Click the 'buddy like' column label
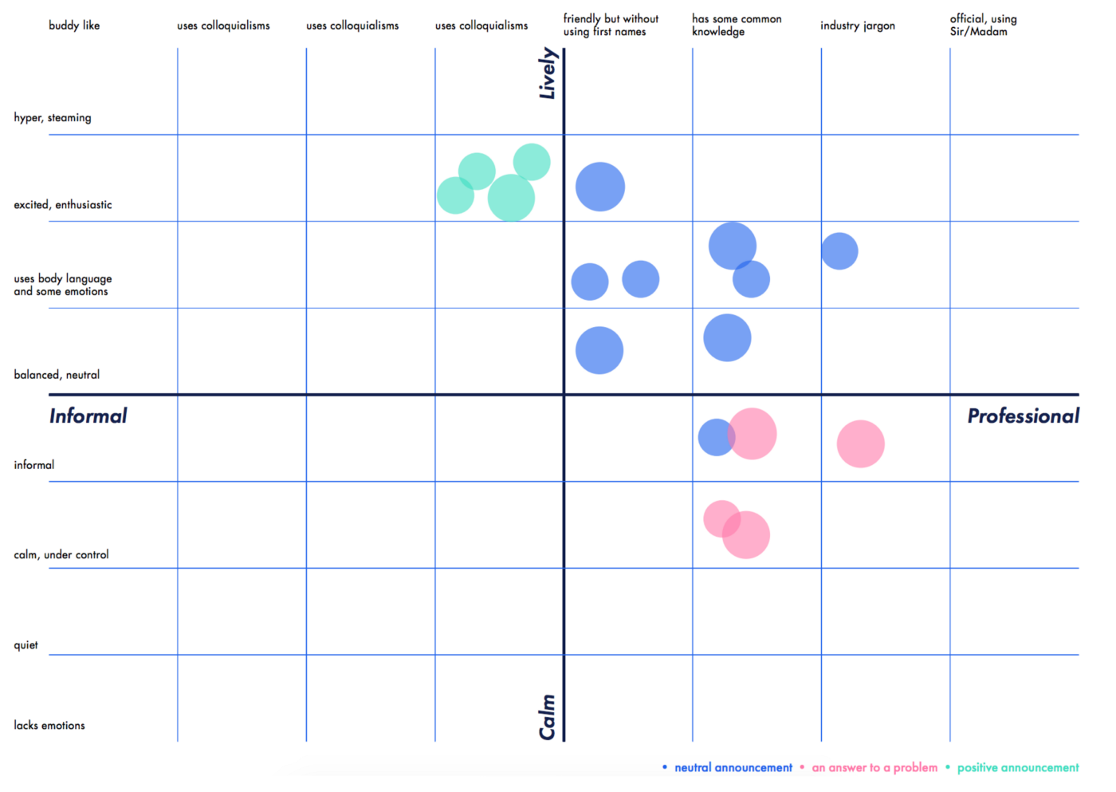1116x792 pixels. (x=74, y=26)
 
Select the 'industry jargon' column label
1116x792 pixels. (x=857, y=26)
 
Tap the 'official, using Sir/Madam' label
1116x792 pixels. (x=983, y=25)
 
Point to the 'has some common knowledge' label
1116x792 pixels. (x=736, y=25)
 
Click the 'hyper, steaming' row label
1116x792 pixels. (x=53, y=117)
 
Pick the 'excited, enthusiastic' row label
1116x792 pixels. (x=63, y=205)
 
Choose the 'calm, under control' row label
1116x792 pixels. (x=61, y=554)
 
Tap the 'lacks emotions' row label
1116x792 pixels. (x=49, y=725)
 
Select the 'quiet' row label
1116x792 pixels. (x=26, y=644)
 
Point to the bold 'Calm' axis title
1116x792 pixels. (x=547, y=716)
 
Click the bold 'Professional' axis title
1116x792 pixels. (x=1023, y=416)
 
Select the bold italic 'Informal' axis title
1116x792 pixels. (x=88, y=416)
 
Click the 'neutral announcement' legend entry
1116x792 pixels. (x=733, y=767)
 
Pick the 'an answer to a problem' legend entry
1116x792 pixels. (x=874, y=767)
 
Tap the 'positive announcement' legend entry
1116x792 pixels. (x=1017, y=767)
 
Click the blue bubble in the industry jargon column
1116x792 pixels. (x=839, y=251)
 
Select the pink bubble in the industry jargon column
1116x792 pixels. (x=860, y=443)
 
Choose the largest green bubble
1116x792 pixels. (x=511, y=198)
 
